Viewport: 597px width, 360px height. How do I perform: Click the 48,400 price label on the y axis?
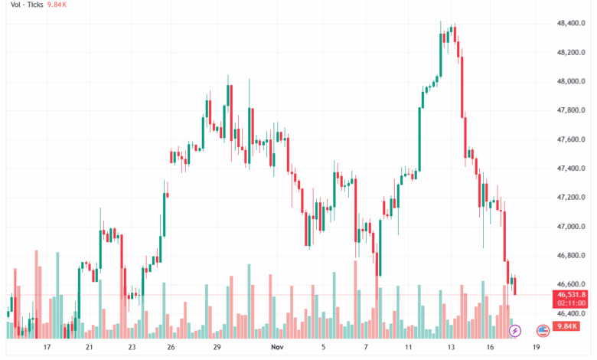[572, 24]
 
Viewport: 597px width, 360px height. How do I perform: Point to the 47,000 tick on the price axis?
[572, 227]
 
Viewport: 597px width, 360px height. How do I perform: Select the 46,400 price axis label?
[572, 313]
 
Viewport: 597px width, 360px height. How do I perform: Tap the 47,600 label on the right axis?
[572, 139]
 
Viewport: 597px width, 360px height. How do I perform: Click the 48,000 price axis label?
[572, 81]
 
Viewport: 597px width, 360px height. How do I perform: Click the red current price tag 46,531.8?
[572, 294]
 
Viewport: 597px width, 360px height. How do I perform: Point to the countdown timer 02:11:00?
[572, 303]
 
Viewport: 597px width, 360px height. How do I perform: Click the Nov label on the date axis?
[277, 347]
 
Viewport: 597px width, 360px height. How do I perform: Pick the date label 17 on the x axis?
[47, 347]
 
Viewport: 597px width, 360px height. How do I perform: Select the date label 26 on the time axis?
[171, 347]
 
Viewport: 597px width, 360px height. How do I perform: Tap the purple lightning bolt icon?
[515, 331]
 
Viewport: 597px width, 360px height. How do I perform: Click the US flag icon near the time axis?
[543, 331]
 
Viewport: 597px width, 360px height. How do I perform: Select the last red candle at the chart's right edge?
[515, 286]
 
